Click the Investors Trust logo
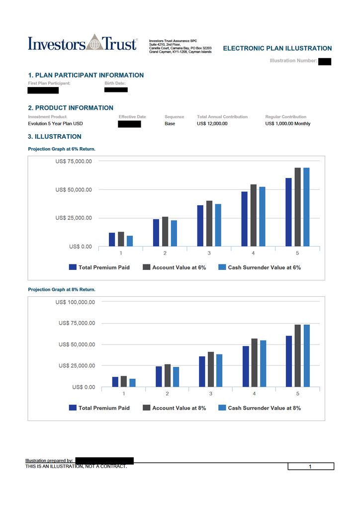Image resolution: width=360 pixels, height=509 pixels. click(x=83, y=43)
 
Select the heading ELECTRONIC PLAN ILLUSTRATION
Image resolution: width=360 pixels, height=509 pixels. click(x=277, y=48)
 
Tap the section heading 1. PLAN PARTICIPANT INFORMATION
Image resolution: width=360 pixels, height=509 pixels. click(x=86, y=75)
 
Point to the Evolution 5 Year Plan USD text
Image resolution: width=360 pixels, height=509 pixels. click(x=55, y=123)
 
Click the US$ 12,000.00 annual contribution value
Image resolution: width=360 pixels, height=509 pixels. click(x=212, y=123)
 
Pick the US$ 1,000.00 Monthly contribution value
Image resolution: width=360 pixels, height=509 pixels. click(x=287, y=123)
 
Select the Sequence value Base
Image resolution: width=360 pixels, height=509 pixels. click(x=170, y=123)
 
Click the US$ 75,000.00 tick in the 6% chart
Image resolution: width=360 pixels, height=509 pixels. click(x=73, y=161)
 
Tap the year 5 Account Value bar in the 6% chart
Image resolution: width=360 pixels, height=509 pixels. click(x=298, y=207)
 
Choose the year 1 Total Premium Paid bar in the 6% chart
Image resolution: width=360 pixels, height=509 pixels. click(x=112, y=240)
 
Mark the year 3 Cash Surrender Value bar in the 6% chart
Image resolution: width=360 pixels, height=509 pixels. click(x=218, y=225)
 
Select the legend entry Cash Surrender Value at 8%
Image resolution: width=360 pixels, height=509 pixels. click(x=264, y=408)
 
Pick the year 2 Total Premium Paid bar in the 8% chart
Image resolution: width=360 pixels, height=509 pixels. click(x=159, y=377)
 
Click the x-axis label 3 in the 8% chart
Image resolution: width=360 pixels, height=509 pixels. click(x=211, y=394)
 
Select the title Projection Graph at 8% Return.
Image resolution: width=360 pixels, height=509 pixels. click(x=62, y=289)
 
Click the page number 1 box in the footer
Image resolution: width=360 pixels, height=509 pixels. click(x=310, y=467)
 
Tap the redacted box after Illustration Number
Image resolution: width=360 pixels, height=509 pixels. click(x=325, y=61)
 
